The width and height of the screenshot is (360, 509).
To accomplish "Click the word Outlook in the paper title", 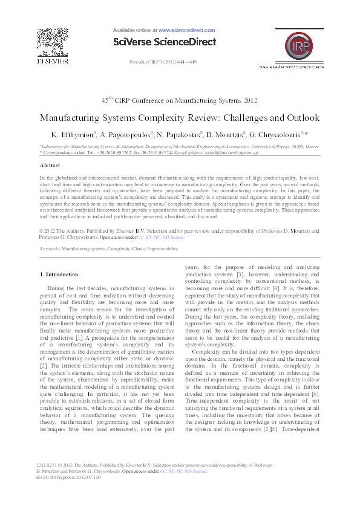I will pyautogui.click(x=296, y=117).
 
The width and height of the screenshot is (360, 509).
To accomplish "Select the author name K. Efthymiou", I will pyautogui.click(x=70, y=134).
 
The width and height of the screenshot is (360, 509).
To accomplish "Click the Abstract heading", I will pyautogui.click(x=50, y=164).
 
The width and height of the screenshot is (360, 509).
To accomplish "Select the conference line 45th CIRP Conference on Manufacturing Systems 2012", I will pyautogui.click(x=180, y=100).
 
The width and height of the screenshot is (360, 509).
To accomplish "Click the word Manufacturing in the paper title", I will pyautogui.click(x=75, y=117).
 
